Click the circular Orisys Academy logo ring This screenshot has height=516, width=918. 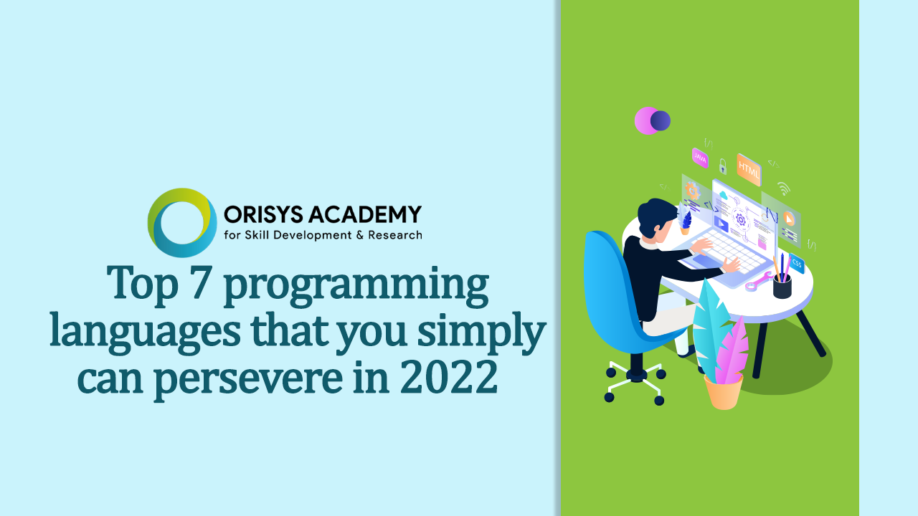click(155, 223)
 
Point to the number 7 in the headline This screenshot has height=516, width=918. click(200, 282)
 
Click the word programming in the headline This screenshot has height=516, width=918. click(356, 286)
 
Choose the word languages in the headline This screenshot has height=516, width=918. click(145, 333)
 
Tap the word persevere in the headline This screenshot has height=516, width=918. click(248, 379)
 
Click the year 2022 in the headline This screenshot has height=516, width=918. click(449, 376)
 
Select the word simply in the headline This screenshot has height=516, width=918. click(482, 333)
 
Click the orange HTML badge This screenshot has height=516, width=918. click(749, 170)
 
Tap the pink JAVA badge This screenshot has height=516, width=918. click(700, 158)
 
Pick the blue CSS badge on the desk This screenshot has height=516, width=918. click(797, 263)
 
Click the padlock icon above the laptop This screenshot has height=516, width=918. click(722, 166)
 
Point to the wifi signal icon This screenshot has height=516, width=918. click(784, 188)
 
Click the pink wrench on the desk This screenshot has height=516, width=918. click(759, 282)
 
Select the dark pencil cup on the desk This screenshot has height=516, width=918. click(782, 286)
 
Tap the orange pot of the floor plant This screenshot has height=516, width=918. click(724, 392)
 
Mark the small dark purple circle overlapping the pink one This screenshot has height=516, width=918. click(661, 121)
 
